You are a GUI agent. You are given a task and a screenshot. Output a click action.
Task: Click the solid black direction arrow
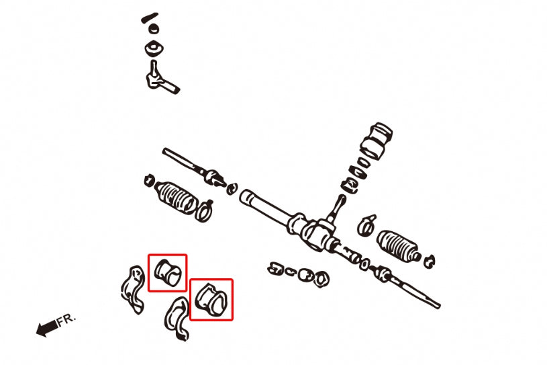pyautogui.click(x=46, y=329)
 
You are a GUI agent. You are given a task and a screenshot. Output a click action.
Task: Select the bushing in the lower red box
pyautogui.click(x=211, y=299)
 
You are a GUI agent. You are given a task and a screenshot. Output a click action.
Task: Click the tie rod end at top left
pyautogui.click(x=159, y=76)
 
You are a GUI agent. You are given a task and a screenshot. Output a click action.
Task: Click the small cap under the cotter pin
pyautogui.click(x=154, y=30)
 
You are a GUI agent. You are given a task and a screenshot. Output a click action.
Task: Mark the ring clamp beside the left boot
pyautogui.click(x=205, y=209)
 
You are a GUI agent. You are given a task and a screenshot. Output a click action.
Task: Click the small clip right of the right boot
pyautogui.click(x=430, y=259)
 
